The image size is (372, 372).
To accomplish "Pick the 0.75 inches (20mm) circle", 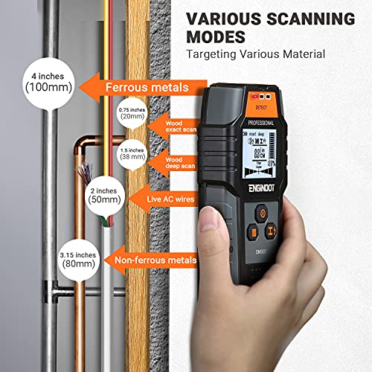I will pos(130,113).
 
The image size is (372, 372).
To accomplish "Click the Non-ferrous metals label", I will pos(155,260).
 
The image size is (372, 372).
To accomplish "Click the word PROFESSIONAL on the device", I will pos(257,122).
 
